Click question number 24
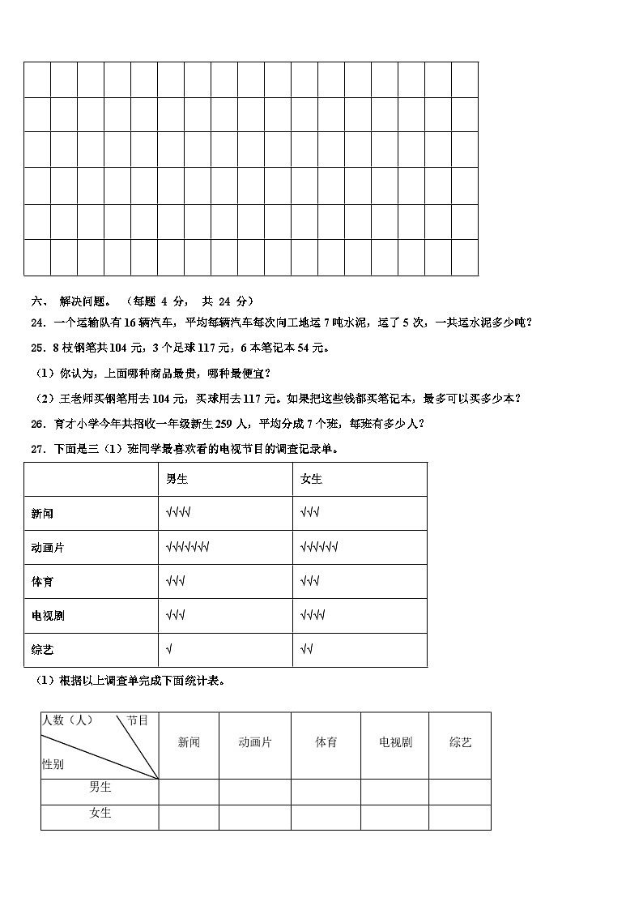[37, 323]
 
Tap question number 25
[37, 348]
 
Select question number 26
[37, 423]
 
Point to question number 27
[37, 448]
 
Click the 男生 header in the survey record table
[177, 479]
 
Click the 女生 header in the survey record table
[311, 479]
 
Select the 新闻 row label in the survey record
[42, 514]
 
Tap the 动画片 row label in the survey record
[47, 548]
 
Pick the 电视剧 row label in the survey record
[47, 616]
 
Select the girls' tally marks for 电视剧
[313, 616]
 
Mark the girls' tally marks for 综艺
[306, 650]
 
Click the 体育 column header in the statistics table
[326, 743]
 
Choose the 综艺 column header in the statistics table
[460, 743]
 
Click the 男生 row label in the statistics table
[100, 787]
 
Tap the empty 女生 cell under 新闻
[189, 817]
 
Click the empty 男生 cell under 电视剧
[394, 792]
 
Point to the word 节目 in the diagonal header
[138, 720]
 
